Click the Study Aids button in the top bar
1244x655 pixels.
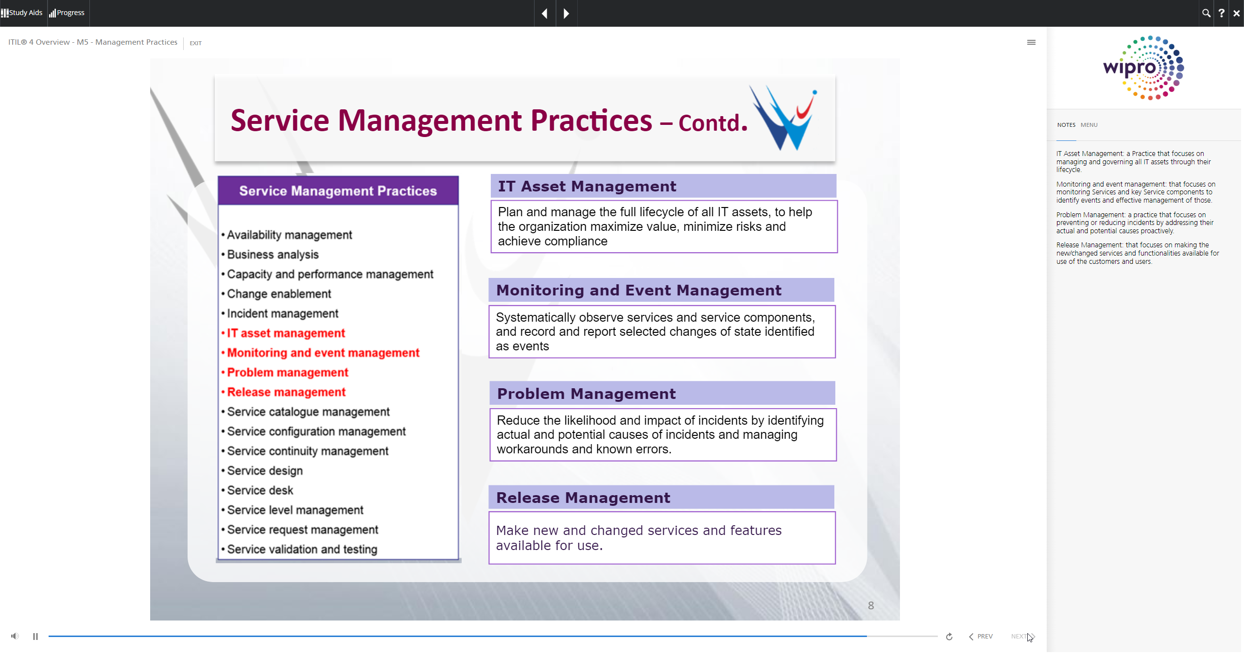click(x=22, y=13)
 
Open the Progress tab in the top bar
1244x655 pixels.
click(x=67, y=13)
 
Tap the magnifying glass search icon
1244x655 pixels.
click(x=1206, y=13)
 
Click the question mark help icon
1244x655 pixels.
click(x=1221, y=13)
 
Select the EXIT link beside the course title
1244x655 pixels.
click(x=195, y=43)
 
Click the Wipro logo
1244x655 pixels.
click(x=1143, y=68)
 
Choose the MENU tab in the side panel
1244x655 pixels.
click(x=1089, y=125)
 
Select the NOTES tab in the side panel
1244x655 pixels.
click(x=1066, y=125)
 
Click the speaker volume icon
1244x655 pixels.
click(x=15, y=636)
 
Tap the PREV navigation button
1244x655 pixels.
click(x=981, y=637)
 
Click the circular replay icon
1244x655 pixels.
click(x=949, y=637)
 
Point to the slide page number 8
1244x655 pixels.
click(x=871, y=605)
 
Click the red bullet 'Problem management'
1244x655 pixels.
click(x=288, y=373)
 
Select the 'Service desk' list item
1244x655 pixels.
click(x=260, y=490)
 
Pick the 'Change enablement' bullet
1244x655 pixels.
click(x=279, y=294)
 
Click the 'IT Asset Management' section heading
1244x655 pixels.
click(x=587, y=186)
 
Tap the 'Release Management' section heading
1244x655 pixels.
click(x=583, y=498)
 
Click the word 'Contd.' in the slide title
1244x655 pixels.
click(x=713, y=123)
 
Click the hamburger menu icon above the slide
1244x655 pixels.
click(x=1031, y=42)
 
